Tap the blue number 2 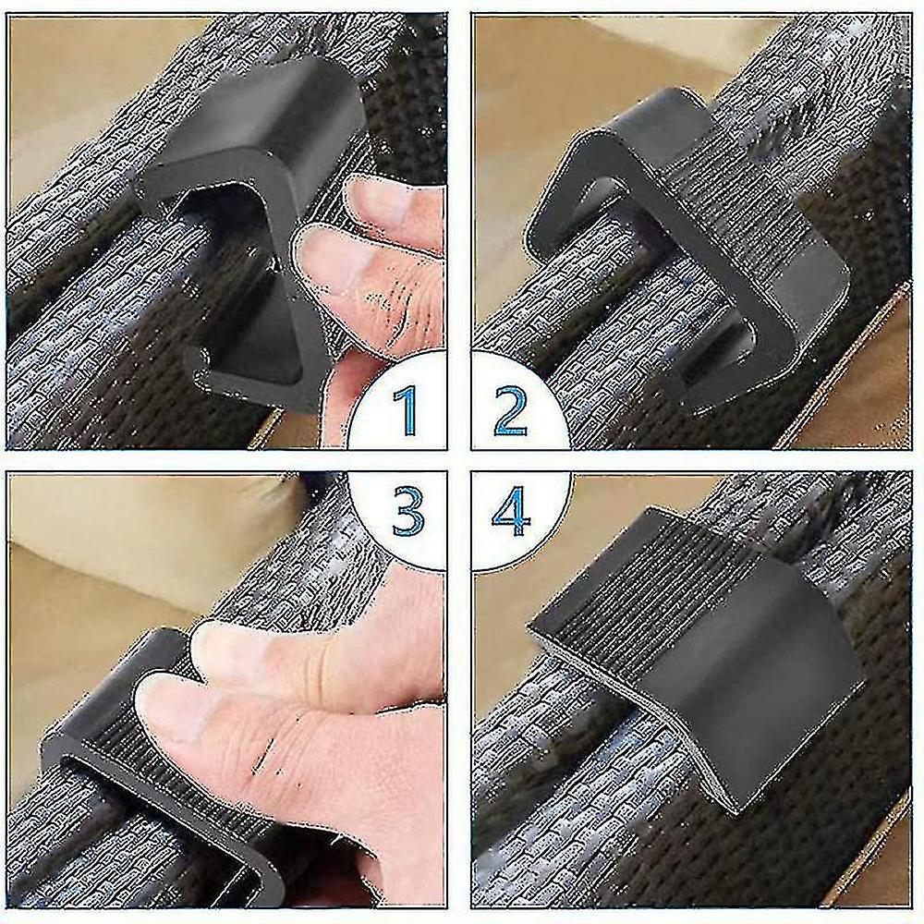click(510, 410)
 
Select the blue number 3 click(407, 512)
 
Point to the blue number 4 click(512, 512)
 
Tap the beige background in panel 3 click(118, 560)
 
